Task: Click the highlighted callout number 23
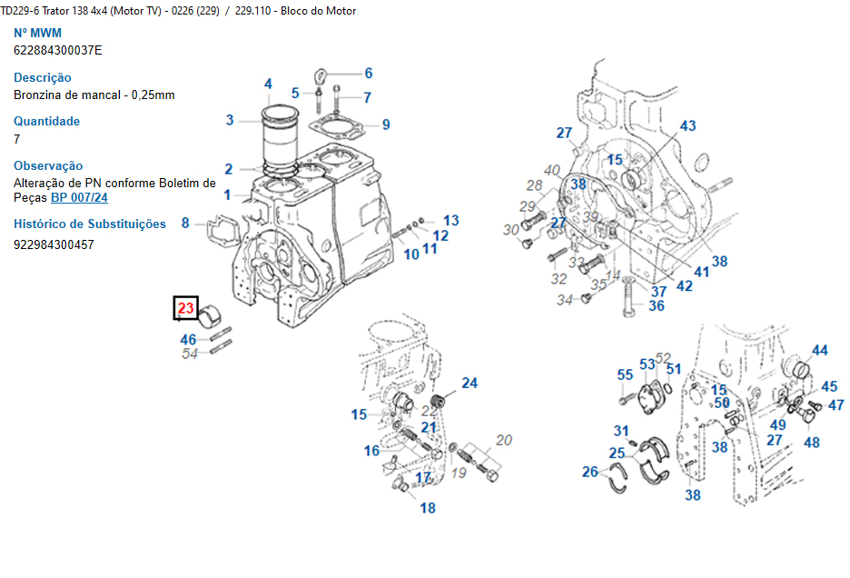[x=186, y=309]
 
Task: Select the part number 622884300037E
[x=58, y=50]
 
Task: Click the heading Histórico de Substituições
[x=90, y=224]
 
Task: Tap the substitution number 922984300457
[x=54, y=244]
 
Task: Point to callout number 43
[x=687, y=126]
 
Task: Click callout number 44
[x=819, y=351]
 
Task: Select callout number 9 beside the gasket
[x=385, y=125]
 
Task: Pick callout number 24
[x=469, y=384]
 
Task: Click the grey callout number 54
[x=190, y=354]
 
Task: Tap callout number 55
[x=625, y=375]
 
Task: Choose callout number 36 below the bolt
[x=656, y=306]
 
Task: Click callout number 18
[x=428, y=508]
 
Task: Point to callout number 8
[x=185, y=223]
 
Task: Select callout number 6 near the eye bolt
[x=368, y=74]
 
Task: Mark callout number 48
[x=811, y=443]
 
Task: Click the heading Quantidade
[x=46, y=122]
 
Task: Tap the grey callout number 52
[x=663, y=359]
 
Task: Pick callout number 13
[x=451, y=221]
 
